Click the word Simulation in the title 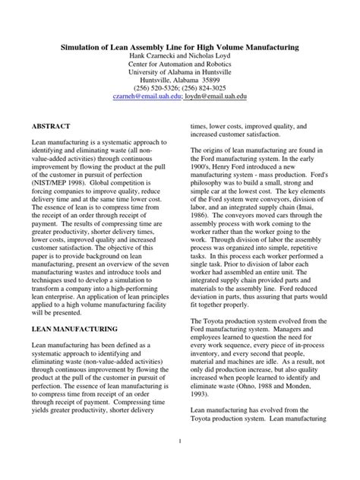(x=84, y=47)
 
